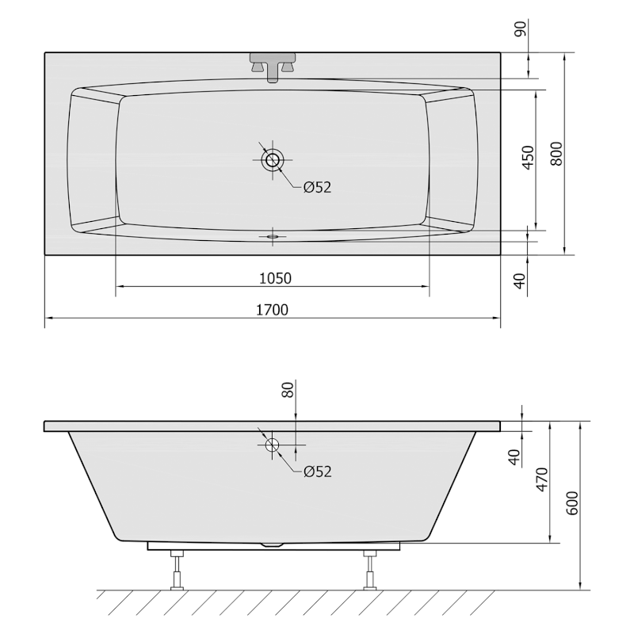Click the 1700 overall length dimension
273,310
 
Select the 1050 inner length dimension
275,279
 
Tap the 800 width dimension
556,154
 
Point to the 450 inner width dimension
528,158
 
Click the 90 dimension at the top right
521,29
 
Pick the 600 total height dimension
571,503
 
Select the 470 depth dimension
542,479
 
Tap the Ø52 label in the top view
318,187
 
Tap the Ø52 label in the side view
318,472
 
